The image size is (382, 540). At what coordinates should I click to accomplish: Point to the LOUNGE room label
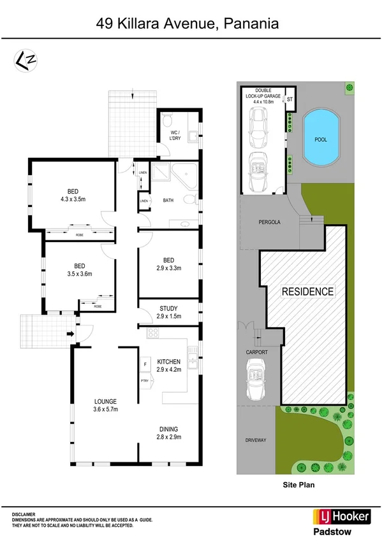click(x=105, y=405)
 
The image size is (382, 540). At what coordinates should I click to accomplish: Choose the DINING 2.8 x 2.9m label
click(x=168, y=433)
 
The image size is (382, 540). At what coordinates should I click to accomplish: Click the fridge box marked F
click(x=145, y=364)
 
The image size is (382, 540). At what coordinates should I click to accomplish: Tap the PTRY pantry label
click(x=145, y=381)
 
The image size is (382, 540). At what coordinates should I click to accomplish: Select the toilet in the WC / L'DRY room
click(x=167, y=119)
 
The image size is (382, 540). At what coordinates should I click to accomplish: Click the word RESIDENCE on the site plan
click(x=308, y=292)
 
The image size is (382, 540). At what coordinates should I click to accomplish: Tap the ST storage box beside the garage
click(x=289, y=100)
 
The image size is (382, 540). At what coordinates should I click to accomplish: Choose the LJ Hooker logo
click(x=341, y=516)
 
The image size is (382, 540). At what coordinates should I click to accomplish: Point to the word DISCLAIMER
click(x=23, y=514)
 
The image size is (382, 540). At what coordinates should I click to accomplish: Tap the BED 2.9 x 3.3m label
click(x=168, y=264)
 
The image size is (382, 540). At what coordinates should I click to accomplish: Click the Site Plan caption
click(x=299, y=484)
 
